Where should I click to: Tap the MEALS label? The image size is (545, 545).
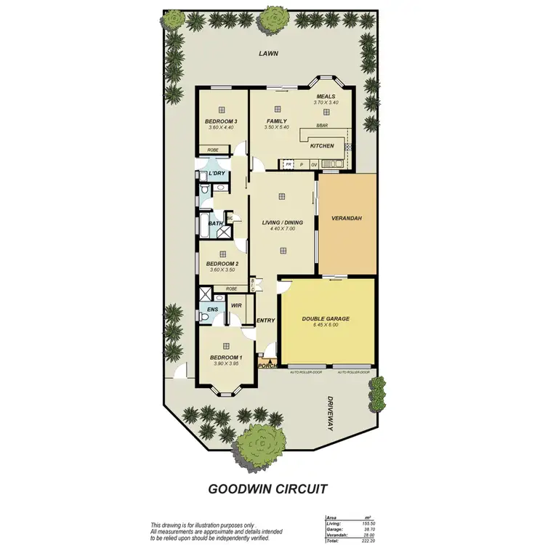tap(326, 96)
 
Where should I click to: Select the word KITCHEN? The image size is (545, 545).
tap(322, 146)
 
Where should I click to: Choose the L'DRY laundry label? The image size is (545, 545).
tap(216, 174)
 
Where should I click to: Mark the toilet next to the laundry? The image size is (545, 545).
tap(205, 190)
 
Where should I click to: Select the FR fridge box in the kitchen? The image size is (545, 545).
tap(289, 165)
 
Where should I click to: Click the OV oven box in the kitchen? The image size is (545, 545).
tap(314, 165)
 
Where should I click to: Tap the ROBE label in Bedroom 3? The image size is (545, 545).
tap(213, 150)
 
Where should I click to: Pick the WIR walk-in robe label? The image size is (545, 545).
tap(236, 306)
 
